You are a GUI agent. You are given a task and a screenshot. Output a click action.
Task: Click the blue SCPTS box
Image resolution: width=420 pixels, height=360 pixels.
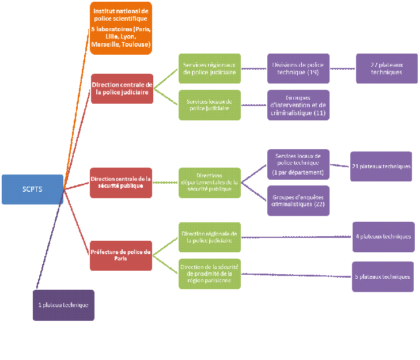32,189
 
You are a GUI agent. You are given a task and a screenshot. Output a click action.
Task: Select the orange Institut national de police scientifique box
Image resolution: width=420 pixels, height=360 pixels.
121,28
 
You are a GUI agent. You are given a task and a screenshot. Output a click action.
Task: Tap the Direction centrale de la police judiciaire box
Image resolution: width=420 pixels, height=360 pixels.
122,89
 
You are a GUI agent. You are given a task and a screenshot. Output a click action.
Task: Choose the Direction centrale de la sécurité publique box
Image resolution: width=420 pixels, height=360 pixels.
121,183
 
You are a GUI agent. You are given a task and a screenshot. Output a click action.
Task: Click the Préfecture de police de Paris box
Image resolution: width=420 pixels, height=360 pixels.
121,255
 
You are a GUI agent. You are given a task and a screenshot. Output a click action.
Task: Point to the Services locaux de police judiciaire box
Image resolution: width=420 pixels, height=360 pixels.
210,105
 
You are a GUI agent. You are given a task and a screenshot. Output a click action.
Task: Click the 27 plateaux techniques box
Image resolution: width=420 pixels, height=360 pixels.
387,69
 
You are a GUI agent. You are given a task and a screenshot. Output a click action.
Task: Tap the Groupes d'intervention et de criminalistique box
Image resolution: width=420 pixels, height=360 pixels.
298,105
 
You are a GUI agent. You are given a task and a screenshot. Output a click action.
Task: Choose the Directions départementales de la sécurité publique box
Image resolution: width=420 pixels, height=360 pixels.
210,183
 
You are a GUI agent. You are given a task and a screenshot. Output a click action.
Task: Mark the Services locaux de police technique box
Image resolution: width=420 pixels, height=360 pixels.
298,164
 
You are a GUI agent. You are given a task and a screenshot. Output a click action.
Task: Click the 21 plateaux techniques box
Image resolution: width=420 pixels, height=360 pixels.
381,166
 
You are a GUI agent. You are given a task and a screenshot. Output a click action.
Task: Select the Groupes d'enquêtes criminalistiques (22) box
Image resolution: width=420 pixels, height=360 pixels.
298,200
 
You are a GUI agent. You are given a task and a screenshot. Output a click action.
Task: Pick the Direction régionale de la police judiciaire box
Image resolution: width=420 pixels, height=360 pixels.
210,237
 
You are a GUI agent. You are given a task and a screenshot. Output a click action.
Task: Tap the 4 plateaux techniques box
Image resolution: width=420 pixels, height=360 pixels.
384,237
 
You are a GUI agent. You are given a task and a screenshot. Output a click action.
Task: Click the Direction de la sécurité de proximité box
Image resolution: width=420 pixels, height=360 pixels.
210,274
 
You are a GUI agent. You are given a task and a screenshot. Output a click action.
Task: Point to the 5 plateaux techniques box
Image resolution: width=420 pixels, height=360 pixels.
383,276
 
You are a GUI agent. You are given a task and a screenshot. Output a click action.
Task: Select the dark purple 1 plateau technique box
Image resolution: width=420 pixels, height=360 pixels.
63,305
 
